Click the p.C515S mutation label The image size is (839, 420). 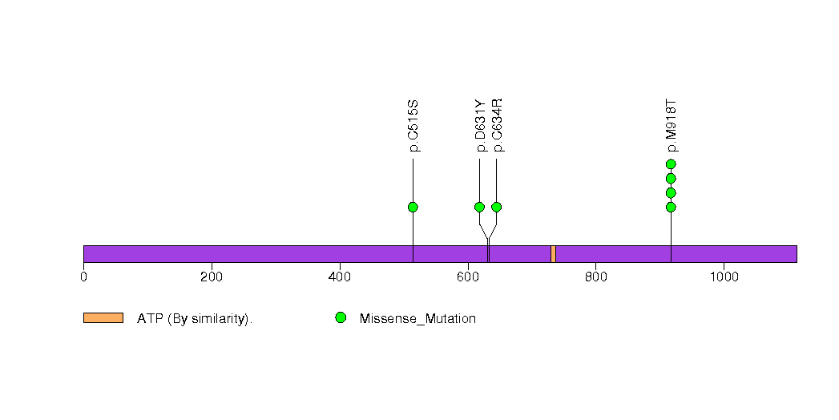point(413,126)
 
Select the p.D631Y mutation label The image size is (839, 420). point(480,126)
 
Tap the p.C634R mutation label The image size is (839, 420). point(497,125)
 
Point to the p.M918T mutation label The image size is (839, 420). point(671,126)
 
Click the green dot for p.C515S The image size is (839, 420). point(413,207)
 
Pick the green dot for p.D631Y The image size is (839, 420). point(479,207)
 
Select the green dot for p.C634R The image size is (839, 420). point(497,207)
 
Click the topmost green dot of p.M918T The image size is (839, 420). point(671,164)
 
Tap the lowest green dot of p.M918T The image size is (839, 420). point(671,207)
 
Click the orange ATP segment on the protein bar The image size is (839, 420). point(553,254)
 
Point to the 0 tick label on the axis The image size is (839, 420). point(83,277)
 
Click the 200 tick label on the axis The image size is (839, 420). point(212,277)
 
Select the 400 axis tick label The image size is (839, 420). point(340,277)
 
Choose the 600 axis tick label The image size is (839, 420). point(468,277)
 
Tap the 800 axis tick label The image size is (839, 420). point(596,277)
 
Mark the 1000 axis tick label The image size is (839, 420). point(724,277)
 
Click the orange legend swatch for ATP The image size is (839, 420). point(103,318)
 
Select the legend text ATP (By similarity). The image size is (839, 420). point(195,319)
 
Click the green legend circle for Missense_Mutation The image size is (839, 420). point(341,318)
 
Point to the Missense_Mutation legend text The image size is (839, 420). point(417,319)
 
